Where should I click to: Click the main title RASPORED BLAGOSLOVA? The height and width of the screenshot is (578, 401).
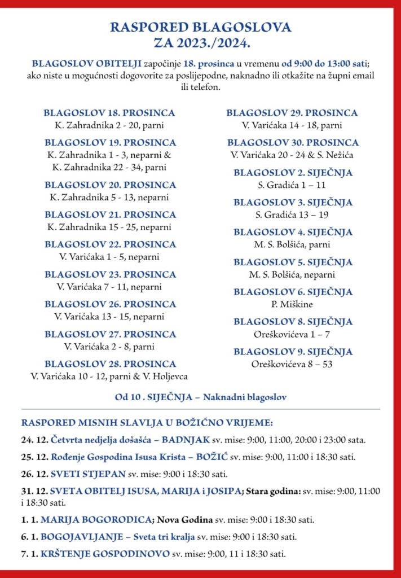point(200,27)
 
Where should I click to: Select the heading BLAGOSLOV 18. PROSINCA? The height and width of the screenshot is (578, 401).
point(109,113)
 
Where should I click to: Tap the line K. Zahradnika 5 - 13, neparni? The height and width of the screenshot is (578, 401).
point(109,197)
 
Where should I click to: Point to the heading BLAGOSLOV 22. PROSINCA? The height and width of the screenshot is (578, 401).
point(110,244)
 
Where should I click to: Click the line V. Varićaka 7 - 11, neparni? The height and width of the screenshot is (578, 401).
point(109,287)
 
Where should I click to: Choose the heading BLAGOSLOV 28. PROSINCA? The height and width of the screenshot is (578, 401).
point(110,364)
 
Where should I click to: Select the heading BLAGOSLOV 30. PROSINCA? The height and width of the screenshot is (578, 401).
point(293,143)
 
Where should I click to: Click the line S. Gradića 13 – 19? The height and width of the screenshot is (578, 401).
point(292,214)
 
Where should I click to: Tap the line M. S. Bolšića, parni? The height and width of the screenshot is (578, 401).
point(292,244)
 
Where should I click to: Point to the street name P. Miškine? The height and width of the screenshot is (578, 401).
point(292,304)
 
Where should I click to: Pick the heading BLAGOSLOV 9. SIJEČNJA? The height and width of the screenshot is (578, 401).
point(293,352)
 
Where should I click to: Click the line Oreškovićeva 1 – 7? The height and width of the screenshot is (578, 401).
point(292,334)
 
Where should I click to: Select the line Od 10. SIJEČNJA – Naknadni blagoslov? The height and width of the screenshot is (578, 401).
point(200,397)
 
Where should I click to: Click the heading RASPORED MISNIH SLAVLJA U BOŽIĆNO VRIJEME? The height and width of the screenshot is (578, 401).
point(147,422)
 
